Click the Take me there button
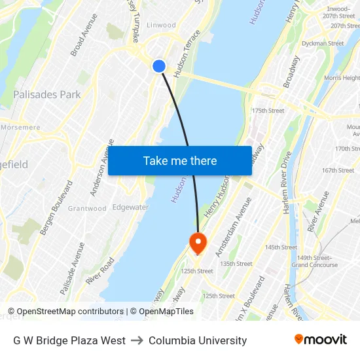(180, 161)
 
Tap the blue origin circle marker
(159, 66)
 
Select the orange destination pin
(197, 243)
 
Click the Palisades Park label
(47, 94)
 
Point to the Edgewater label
(130, 207)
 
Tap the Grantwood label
(87, 209)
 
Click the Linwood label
(161, 25)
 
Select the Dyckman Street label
(323, 44)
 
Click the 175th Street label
(268, 111)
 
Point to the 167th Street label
(338, 170)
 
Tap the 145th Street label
(281, 247)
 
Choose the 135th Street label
(236, 264)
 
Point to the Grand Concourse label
(315, 265)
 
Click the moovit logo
(320, 340)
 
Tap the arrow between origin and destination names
(137, 341)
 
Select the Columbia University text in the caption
(198, 341)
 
